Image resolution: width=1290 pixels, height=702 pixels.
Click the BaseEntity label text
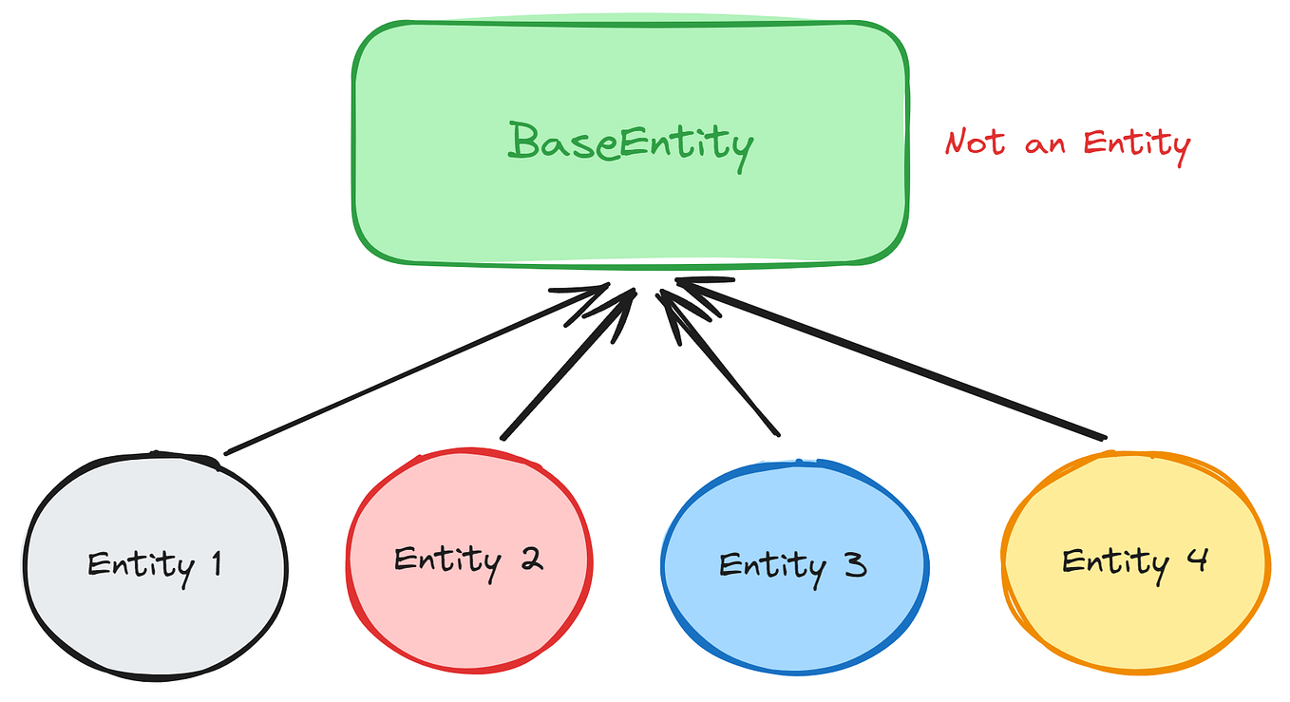631,144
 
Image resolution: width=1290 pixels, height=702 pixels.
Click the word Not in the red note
975,143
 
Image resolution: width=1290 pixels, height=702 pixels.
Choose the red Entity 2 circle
468,617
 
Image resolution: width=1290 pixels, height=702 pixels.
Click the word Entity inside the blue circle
773,565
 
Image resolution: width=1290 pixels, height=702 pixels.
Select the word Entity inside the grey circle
141,565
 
